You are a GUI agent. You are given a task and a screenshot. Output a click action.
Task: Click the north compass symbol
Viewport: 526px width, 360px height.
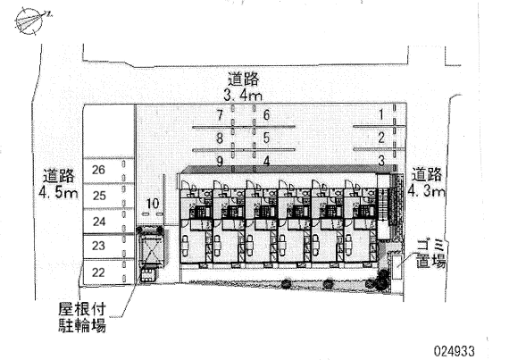[30, 21]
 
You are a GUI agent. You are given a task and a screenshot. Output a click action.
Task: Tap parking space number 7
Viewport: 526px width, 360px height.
[220, 115]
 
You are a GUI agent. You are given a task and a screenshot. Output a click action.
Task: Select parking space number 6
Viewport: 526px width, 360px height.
[266, 114]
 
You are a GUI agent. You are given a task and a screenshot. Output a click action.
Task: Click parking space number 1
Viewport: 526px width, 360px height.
[381, 114]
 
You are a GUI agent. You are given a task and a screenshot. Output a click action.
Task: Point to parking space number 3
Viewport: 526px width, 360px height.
[381, 161]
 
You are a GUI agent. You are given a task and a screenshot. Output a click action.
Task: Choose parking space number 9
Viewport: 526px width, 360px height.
[220, 162]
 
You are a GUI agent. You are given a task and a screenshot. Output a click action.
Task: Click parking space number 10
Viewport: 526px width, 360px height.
[153, 204]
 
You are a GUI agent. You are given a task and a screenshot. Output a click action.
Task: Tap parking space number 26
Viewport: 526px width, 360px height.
[98, 170]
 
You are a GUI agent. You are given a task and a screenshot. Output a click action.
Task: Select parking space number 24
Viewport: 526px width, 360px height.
[99, 222]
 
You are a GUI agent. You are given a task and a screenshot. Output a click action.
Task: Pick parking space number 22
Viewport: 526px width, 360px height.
[98, 272]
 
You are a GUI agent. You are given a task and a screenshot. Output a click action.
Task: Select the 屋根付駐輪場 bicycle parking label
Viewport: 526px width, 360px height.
[82, 317]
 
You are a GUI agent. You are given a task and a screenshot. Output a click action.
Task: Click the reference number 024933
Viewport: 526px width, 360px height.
[455, 351]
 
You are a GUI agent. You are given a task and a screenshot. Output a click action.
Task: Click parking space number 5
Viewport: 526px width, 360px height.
[266, 138]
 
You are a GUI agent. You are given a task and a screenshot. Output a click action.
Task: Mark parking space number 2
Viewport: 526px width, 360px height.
[381, 138]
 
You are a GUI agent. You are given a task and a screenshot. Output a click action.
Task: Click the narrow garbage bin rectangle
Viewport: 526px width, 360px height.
[397, 267]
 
